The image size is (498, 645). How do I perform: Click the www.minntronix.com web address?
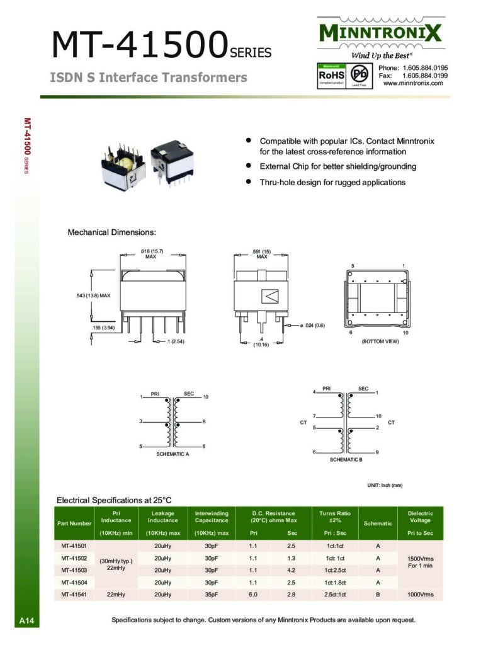(x=413, y=83)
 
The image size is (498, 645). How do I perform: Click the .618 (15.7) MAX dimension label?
(x=151, y=254)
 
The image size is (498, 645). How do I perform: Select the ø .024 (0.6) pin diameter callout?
(x=311, y=325)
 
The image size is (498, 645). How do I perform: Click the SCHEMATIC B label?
(x=346, y=460)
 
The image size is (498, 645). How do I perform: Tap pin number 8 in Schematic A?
(x=205, y=421)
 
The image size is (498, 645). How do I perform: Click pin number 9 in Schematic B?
(x=376, y=452)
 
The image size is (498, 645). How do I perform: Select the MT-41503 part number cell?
(x=74, y=570)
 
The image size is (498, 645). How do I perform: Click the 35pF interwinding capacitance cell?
(x=211, y=594)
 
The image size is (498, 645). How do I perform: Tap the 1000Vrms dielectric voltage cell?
(x=420, y=594)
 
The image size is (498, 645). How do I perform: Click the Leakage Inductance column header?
(x=162, y=517)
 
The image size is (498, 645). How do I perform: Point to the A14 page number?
(x=26, y=621)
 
